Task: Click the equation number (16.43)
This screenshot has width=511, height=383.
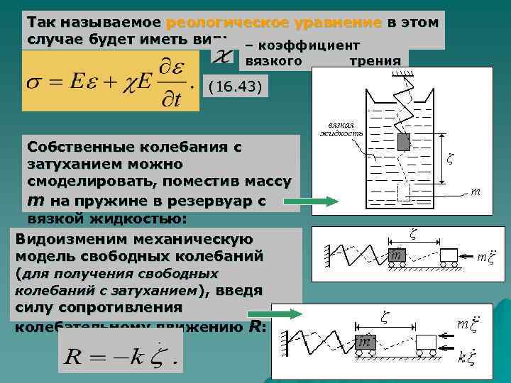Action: [x=233, y=88]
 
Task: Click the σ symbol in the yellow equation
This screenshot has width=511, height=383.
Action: [x=34, y=84]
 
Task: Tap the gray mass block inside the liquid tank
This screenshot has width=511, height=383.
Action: [x=404, y=142]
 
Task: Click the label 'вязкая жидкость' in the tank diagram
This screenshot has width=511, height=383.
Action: [x=341, y=128]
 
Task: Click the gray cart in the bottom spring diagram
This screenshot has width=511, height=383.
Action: [x=367, y=342]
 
